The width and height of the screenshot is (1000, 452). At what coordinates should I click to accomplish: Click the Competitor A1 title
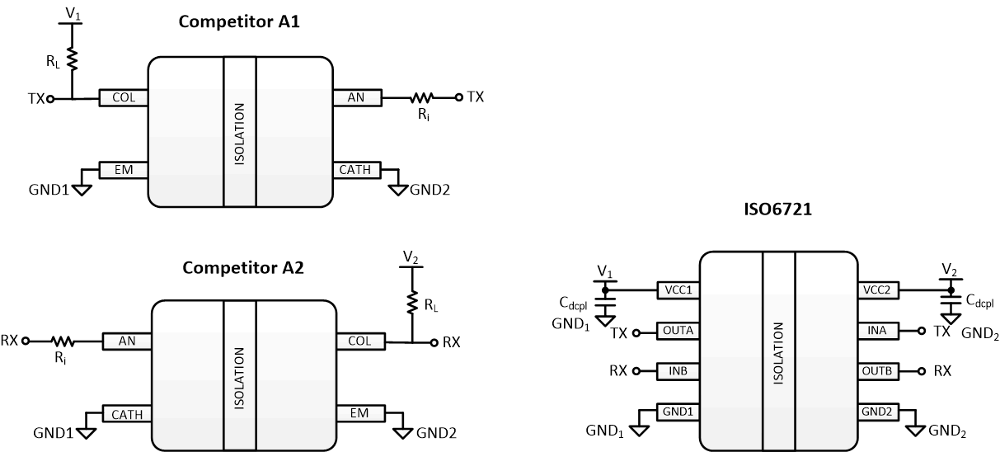pyautogui.click(x=239, y=22)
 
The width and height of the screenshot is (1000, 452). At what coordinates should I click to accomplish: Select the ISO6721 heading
pyautogui.click(x=777, y=210)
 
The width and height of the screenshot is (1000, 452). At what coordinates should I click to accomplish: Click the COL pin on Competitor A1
pyautogui.click(x=123, y=98)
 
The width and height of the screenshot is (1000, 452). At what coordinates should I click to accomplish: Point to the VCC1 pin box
pyautogui.click(x=677, y=290)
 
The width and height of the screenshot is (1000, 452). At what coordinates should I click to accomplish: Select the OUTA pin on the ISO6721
pyautogui.click(x=677, y=331)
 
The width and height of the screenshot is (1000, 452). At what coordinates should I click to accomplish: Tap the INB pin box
pyautogui.click(x=677, y=370)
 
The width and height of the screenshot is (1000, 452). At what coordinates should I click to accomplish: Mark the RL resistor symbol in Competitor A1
pyautogui.click(x=72, y=58)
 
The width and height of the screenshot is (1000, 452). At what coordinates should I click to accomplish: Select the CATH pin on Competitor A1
pyautogui.click(x=356, y=171)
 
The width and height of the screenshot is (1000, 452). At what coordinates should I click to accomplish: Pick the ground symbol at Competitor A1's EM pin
pyautogui.click(x=82, y=189)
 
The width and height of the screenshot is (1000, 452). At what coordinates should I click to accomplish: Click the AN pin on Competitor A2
pyautogui.click(x=127, y=340)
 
